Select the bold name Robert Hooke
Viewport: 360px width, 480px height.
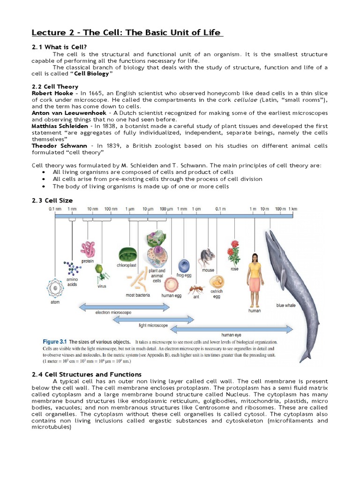click(x=52, y=93)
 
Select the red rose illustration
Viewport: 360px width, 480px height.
click(x=233, y=253)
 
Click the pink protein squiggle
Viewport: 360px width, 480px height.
click(x=88, y=249)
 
